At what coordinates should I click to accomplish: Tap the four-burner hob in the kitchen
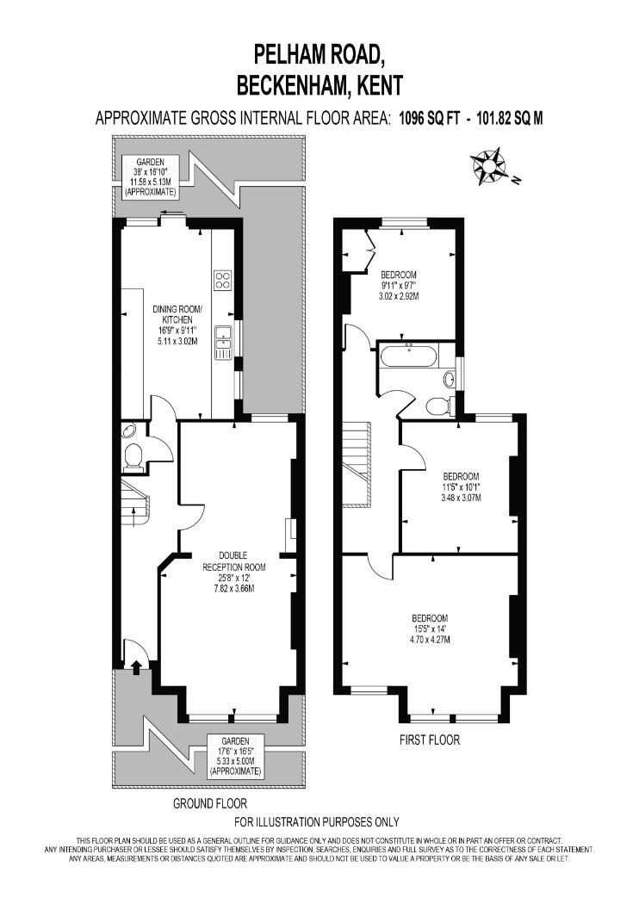tap(222, 280)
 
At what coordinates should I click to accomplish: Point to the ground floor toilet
tap(133, 456)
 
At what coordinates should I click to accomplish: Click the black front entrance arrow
tap(136, 667)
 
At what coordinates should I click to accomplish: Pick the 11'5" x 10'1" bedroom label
tap(461, 487)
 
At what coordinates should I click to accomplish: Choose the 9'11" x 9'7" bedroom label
tap(399, 285)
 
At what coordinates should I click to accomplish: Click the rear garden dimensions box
tap(150, 177)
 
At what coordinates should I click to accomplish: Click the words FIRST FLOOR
tap(430, 740)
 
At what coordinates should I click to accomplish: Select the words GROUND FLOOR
tap(210, 803)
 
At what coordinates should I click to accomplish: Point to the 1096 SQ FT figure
tap(430, 118)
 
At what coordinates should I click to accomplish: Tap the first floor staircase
tap(357, 464)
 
